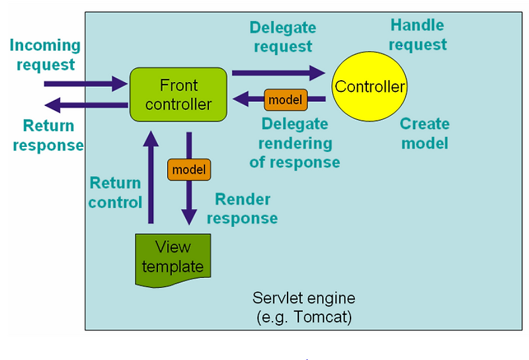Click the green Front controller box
pos(179,95)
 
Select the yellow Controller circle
pos(370,87)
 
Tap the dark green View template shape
pos(173,258)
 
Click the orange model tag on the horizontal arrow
pos(285,100)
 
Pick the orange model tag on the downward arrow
pos(188,170)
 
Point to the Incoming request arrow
pos(86,84)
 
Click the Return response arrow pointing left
pos(86,105)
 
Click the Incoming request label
pos(45,55)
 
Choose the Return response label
pos(48,136)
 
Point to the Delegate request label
pos(282,37)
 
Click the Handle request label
pos(417,35)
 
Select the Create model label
pos(425,133)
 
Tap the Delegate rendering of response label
pos(294,143)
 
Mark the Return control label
pos(115,193)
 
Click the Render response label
pos(243,209)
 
